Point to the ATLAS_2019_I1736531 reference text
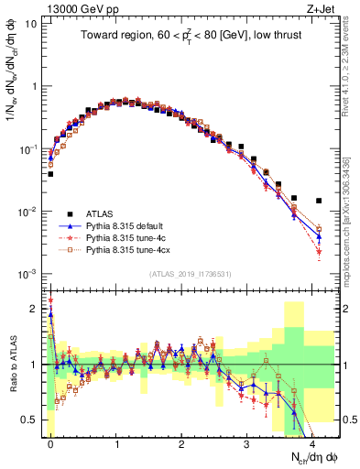(190, 274)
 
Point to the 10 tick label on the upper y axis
(32, 23)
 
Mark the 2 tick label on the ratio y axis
(34, 309)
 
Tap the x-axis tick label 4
(312, 442)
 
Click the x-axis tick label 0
(50, 442)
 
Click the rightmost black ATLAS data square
(319, 201)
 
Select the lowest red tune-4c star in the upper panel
(319, 251)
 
